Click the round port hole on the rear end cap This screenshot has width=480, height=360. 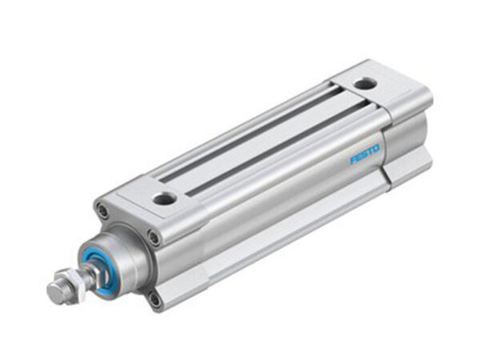pyautogui.click(x=364, y=82)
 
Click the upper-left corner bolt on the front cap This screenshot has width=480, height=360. pyautogui.click(x=102, y=211)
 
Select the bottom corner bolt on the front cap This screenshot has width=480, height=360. pyautogui.click(x=154, y=299)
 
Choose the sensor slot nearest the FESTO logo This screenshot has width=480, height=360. pyautogui.click(x=272, y=147)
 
